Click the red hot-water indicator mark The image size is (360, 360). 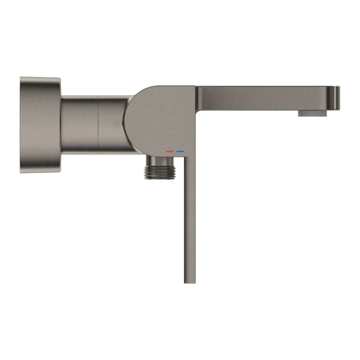tap(170, 152)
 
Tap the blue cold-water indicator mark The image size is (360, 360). tap(180, 152)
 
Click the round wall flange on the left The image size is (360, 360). tap(40, 125)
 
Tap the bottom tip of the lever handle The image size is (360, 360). tap(189, 281)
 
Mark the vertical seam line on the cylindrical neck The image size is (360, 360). tap(98, 125)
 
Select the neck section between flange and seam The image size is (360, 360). tap(79, 125)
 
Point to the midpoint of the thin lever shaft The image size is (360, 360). tap(189, 218)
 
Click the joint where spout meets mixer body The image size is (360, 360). tap(195, 98)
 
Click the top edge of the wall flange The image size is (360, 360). tap(40, 77)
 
